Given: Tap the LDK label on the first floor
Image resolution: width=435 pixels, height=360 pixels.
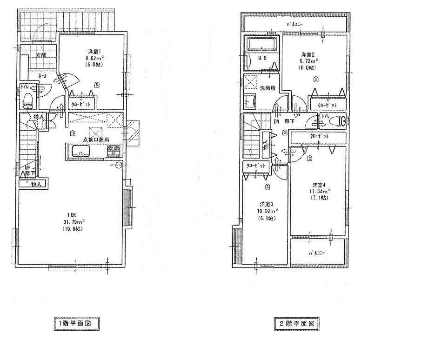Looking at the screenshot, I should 72,215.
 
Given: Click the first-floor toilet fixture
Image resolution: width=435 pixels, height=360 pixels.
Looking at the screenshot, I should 28,99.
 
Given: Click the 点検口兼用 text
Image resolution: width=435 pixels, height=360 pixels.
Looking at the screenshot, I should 96,139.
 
